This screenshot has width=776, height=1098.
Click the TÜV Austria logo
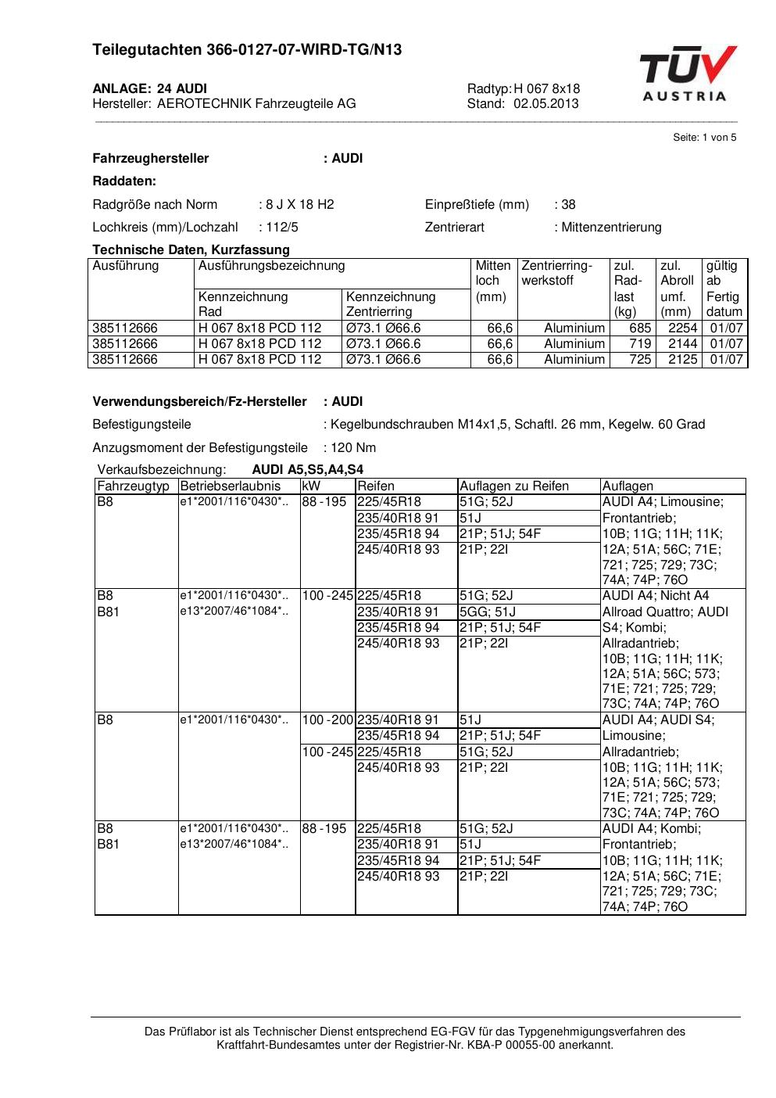tap(688, 74)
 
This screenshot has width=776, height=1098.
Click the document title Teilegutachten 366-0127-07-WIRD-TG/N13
tap(247, 50)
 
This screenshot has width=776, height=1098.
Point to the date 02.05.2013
tap(546, 103)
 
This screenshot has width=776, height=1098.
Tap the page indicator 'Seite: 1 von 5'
tap(704, 138)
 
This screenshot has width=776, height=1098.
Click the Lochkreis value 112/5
tap(281, 228)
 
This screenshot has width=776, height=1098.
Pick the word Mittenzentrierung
tap(611, 228)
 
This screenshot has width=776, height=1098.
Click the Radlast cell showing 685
tap(640, 328)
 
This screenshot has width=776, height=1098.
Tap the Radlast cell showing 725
tap(640, 360)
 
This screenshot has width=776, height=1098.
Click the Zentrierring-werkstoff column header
tap(557, 273)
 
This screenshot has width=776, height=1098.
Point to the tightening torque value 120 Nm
tap(353, 448)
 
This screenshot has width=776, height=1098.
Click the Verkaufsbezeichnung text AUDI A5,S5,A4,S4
tap(308, 470)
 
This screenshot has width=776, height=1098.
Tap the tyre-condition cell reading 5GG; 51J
tap(488, 612)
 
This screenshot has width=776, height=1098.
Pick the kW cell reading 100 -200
tap(328, 720)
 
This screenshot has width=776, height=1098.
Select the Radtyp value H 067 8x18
tap(547, 88)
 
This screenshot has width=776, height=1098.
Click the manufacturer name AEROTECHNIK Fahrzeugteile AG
tap(256, 103)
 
